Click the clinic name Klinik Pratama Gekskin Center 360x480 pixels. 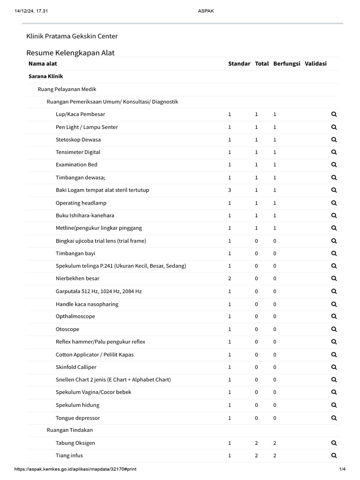pos(72,36)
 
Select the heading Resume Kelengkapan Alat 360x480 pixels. pos(70,52)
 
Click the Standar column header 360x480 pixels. pos(239,64)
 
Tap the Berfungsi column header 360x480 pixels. pos(286,64)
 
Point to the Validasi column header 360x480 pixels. pos(315,64)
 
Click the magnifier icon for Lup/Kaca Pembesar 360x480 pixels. pos(334,114)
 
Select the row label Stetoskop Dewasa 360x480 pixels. pos(78,140)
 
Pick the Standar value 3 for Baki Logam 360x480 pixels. pos(230,190)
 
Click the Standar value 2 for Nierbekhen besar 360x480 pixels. pos(230,278)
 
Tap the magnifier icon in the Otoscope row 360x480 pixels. pos(334,329)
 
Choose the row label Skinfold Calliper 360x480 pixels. pos(76,367)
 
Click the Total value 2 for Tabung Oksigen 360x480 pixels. pos(256,443)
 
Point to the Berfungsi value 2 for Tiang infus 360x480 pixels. pos(275,455)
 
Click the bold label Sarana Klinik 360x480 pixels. pos(45,76)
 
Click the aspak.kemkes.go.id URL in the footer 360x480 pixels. pos(75,469)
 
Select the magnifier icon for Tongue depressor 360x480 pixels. pos(334,418)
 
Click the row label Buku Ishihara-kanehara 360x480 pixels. pos(85,216)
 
